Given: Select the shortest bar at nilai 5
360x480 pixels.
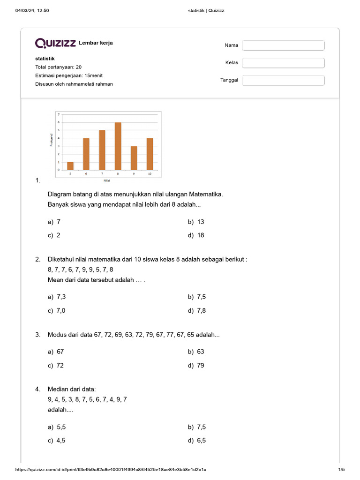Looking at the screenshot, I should point(70,166).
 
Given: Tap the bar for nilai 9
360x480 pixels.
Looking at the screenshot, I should point(134,158).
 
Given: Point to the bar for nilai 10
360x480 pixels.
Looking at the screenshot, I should point(150,154).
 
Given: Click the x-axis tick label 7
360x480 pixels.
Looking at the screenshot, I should point(102,173).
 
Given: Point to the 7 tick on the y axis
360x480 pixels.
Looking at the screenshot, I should point(59,114).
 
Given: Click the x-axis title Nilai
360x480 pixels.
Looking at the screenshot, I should point(107,180).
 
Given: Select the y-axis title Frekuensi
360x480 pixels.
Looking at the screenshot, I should point(51,140).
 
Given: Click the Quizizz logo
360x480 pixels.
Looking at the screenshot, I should point(55,43).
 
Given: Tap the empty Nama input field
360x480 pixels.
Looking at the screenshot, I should point(283,45).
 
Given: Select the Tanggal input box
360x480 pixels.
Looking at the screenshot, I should point(283,80).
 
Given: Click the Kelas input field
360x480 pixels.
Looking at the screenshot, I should point(283,63).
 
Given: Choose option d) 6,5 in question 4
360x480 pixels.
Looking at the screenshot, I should point(197,440).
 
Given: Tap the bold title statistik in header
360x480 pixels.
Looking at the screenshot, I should point(45,59).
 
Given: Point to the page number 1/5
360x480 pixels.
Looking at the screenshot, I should point(341,470).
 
